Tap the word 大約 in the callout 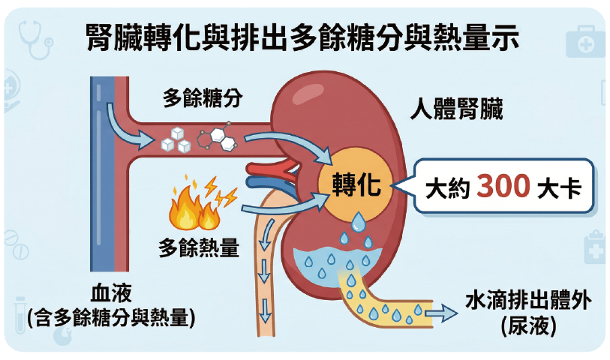(447, 187)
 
